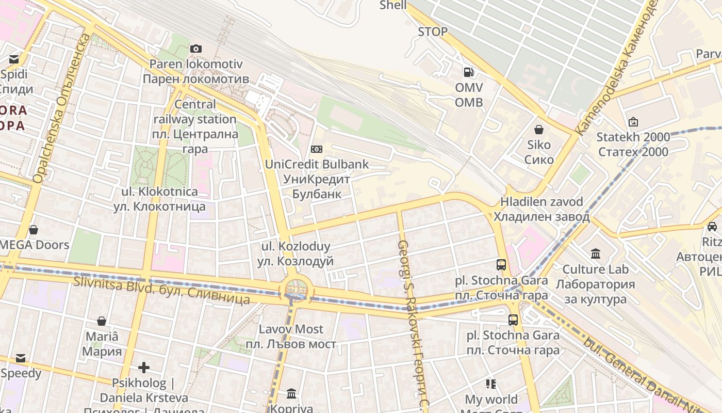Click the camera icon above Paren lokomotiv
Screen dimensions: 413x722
click(x=196, y=49)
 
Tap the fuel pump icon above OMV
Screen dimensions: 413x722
click(x=468, y=72)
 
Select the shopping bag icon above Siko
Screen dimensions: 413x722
click(x=539, y=129)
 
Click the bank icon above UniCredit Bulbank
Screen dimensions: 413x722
click(x=317, y=149)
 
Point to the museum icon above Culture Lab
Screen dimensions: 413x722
click(x=596, y=253)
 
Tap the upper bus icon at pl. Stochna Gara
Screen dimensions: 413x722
click(x=501, y=265)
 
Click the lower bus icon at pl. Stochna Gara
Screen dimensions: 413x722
click(x=513, y=320)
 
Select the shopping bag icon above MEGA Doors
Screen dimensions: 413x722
click(x=34, y=229)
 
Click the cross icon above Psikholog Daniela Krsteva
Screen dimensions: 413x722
click(x=144, y=368)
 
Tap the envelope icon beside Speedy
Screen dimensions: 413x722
click(x=20, y=358)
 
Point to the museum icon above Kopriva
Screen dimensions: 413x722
click(x=291, y=394)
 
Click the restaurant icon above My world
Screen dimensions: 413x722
click(x=490, y=384)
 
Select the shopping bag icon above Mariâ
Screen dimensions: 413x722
click(x=102, y=321)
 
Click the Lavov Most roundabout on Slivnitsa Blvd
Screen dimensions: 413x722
click(x=296, y=289)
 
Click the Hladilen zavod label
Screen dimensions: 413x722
click(x=541, y=209)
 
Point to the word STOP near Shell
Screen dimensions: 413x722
click(x=432, y=32)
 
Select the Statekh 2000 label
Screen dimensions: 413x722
click(x=633, y=145)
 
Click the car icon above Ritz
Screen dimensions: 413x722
click(x=712, y=226)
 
